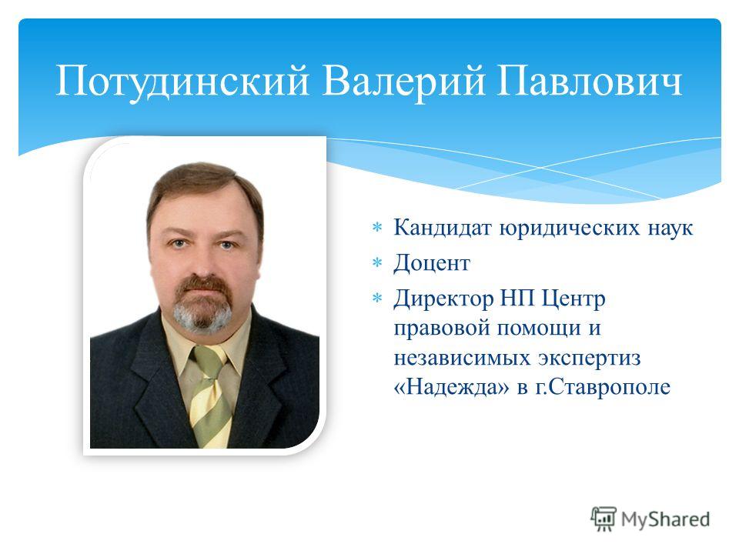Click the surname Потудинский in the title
click(x=182, y=81)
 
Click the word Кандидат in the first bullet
click(x=443, y=228)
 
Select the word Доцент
click(x=432, y=263)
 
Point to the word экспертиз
click(x=589, y=358)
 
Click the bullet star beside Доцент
click(x=377, y=263)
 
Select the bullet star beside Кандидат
click(x=377, y=228)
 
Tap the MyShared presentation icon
click(x=604, y=519)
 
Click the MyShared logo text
click(x=665, y=519)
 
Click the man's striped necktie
click(x=211, y=395)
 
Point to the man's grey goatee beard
click(x=202, y=315)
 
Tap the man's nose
click(x=203, y=265)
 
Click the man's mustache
click(x=203, y=284)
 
